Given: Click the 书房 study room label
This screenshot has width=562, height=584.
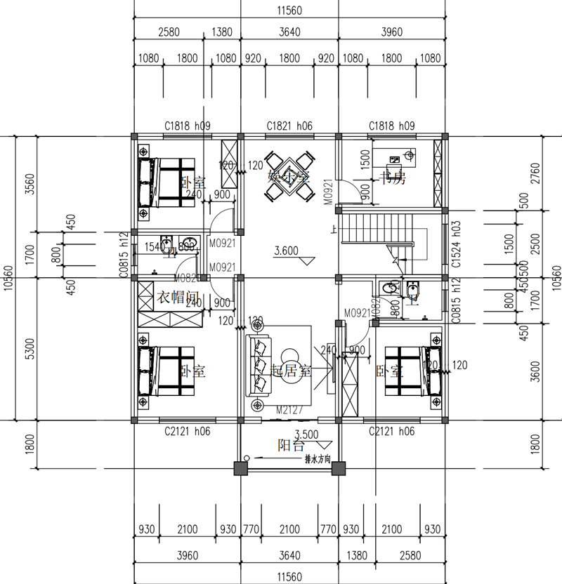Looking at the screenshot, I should [392, 178].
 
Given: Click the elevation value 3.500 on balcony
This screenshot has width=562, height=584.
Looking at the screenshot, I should [307, 434].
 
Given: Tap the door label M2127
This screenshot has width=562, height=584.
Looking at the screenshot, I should [289, 410].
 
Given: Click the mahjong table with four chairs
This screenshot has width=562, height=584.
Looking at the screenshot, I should [289, 177].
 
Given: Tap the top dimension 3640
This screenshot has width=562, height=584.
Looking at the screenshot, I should [289, 32].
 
